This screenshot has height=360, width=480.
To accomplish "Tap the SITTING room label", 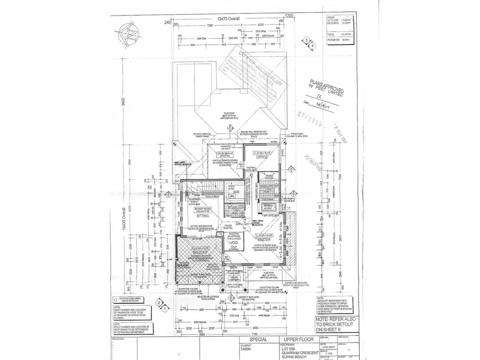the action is tap(202, 216).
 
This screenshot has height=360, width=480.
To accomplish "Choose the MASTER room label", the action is tap(264, 240).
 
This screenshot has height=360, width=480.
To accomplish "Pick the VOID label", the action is tap(234, 243).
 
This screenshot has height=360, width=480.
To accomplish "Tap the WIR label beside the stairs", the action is tap(236, 192).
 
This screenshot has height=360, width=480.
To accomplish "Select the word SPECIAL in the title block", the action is tap(258, 339).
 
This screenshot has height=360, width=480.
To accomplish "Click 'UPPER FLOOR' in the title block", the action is tap(298, 339).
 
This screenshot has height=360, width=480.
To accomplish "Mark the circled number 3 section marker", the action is tap(306, 40).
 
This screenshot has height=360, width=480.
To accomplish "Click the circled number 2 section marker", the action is tap(159, 303).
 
